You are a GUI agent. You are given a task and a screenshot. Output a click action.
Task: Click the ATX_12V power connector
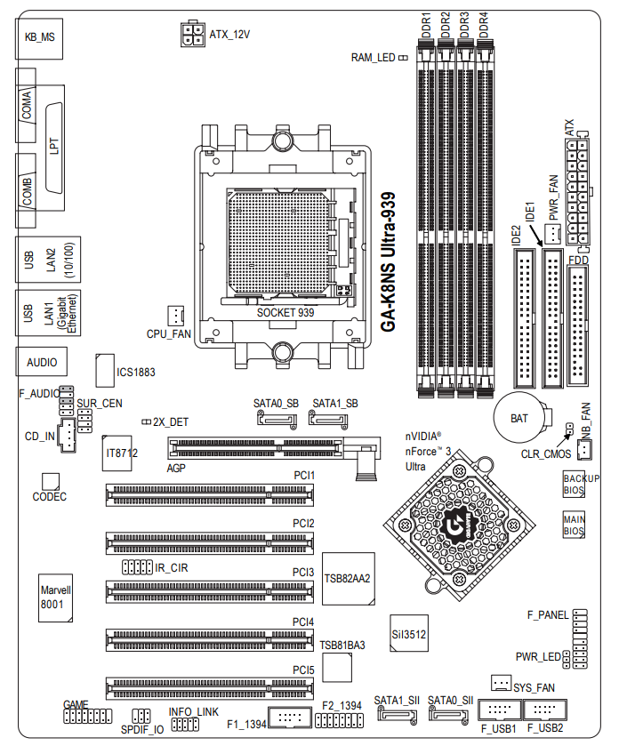coord(193,34)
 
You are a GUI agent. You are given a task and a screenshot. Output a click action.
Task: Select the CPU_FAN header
coord(175,316)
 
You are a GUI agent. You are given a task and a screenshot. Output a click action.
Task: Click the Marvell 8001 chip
coord(56,598)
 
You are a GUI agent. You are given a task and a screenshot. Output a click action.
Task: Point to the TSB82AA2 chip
coord(349,579)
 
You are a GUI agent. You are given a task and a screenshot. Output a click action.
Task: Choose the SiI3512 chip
coord(409,633)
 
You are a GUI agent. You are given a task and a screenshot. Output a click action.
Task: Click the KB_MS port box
coord(39,38)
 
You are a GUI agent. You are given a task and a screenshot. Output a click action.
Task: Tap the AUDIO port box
coord(42,362)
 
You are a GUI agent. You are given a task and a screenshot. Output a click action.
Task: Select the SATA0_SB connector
coord(277,420)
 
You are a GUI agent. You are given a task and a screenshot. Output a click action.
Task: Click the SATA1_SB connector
coord(328,420)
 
